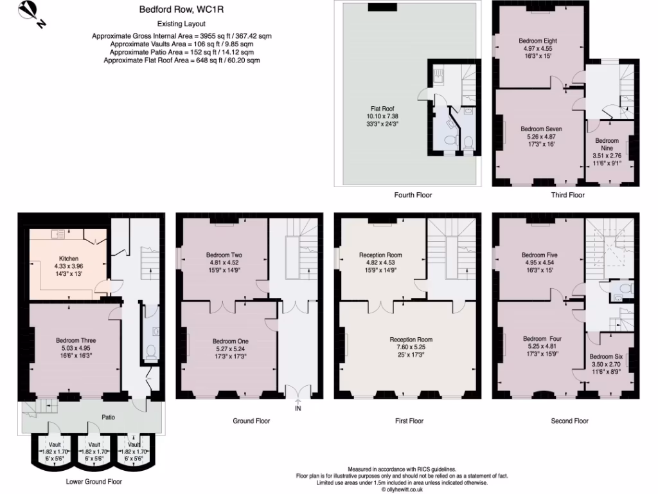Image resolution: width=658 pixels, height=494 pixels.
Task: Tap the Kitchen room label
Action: point(68,259)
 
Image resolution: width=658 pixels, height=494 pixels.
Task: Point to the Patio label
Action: point(109,417)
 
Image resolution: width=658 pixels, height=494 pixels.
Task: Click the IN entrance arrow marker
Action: point(298,405)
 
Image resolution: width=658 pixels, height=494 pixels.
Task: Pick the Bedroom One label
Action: point(229,341)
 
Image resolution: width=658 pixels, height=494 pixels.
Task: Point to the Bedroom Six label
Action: point(605,356)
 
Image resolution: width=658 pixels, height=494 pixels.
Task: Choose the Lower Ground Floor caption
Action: point(94,481)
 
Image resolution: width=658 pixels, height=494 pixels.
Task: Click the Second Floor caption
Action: point(569,421)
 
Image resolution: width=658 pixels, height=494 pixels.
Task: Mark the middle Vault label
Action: point(94,444)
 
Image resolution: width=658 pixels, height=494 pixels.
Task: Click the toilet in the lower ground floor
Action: point(152,351)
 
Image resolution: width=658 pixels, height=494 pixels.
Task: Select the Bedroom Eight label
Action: point(537,41)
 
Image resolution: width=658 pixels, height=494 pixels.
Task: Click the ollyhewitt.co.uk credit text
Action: point(402,489)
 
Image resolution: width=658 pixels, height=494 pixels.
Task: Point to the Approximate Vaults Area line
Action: point(182,44)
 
